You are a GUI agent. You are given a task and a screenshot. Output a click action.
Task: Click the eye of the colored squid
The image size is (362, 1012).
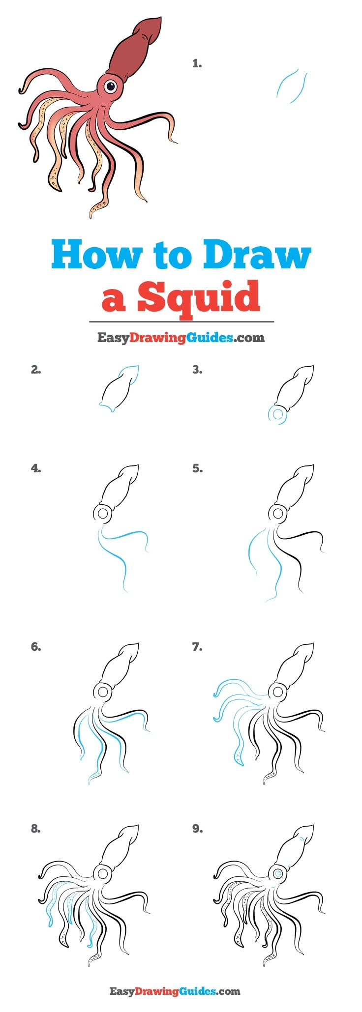[111, 87]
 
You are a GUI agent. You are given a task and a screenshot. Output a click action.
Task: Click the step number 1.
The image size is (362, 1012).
[197, 63]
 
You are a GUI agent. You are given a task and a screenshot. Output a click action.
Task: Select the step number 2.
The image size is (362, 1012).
[36, 370]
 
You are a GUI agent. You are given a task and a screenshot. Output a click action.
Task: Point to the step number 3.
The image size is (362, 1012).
[197, 370]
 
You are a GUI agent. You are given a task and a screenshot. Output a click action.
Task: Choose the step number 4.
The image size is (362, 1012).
[36, 468]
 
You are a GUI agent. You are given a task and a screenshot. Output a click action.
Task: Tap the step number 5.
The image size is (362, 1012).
[197, 468]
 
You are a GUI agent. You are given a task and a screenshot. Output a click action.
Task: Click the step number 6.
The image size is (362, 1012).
[36, 647]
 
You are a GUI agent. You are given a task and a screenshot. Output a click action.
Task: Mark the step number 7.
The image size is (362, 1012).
[197, 647]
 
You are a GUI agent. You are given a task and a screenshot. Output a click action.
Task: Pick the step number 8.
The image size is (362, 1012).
[36, 829]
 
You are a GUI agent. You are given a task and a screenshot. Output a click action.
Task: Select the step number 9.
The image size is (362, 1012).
[197, 829]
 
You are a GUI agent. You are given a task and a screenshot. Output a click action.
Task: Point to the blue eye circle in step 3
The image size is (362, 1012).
[278, 414]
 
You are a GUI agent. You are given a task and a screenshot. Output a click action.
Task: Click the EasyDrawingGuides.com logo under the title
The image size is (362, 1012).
[181, 338]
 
